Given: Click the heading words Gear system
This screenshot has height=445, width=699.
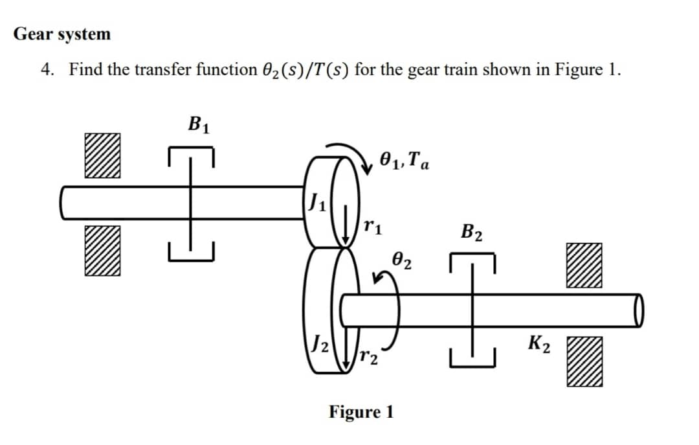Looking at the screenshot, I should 62,34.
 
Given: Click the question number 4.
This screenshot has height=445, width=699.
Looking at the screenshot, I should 47,69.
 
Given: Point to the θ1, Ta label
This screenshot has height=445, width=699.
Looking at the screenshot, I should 403,158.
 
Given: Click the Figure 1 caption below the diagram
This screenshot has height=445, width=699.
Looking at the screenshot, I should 361,412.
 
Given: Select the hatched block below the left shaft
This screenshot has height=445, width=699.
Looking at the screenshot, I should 102,250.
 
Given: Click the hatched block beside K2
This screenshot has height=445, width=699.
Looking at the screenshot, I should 585,364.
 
